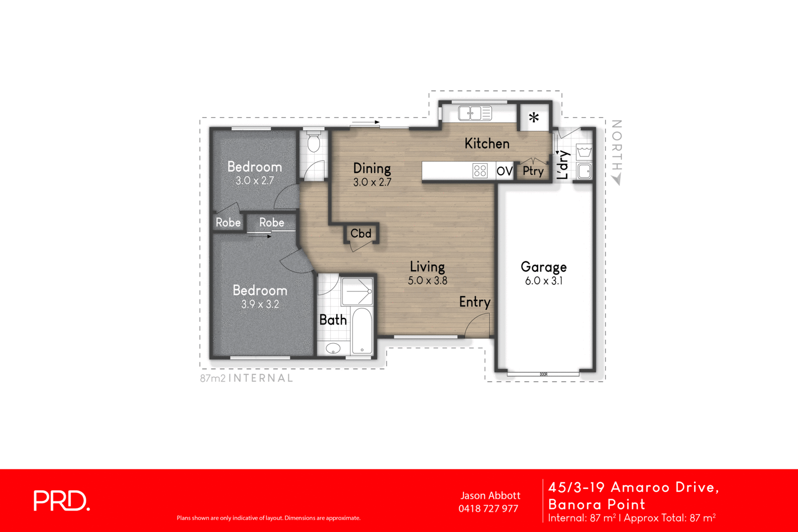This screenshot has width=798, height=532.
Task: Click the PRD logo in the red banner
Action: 61,501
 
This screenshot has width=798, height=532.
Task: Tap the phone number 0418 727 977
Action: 488,509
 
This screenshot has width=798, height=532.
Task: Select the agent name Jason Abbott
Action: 490,496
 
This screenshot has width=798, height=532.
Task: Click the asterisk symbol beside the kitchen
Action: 534,118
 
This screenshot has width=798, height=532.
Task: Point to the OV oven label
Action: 504,171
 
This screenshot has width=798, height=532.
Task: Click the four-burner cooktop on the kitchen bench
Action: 480,171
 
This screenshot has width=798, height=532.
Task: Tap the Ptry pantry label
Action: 533,171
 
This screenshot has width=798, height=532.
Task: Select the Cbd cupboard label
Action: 361,234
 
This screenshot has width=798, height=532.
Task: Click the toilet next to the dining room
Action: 313,142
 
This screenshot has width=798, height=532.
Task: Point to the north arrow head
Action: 617,180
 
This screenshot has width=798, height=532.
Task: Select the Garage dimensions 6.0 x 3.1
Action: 543,281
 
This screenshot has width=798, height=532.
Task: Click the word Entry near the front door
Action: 474,302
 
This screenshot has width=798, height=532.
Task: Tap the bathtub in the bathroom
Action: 362,331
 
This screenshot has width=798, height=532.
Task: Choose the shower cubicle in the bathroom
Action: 357,291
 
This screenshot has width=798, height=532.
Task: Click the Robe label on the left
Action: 228,223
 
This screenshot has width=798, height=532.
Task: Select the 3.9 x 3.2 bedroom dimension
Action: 260,304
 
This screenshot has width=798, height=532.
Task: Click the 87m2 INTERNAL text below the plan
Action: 246,378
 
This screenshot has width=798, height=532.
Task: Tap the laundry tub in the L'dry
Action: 584,151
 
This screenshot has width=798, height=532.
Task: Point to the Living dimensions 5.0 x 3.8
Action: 427,280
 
